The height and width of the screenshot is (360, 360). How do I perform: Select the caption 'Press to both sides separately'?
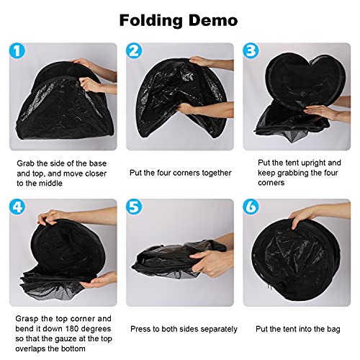coord(184,328)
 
